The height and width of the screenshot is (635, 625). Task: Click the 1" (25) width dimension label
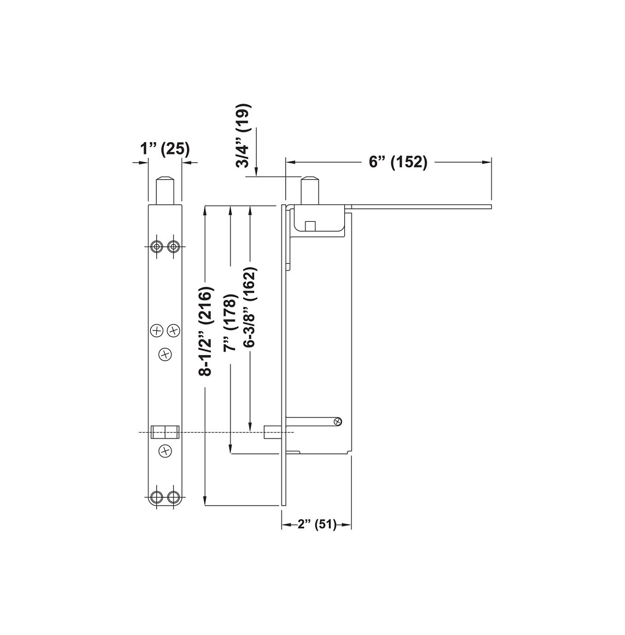coord(164,148)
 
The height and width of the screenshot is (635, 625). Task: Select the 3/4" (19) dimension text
coord(244,136)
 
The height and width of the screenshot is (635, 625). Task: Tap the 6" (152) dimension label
coord(398,162)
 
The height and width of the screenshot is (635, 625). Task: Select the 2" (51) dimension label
coord(317,525)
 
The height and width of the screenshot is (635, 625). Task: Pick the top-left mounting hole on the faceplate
coord(157,246)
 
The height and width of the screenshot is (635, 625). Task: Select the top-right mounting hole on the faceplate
coord(173,246)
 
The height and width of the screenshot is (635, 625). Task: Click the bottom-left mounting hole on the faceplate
coord(157,497)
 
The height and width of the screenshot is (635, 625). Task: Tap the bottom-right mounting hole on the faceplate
coord(173,497)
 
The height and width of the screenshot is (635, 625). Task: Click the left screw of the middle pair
coord(157,330)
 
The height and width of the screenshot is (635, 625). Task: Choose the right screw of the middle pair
coord(173,330)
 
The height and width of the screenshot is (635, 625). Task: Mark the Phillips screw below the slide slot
coord(165,451)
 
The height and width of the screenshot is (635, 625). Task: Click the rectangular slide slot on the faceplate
coord(165,432)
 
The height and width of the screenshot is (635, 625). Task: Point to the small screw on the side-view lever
coord(338,421)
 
